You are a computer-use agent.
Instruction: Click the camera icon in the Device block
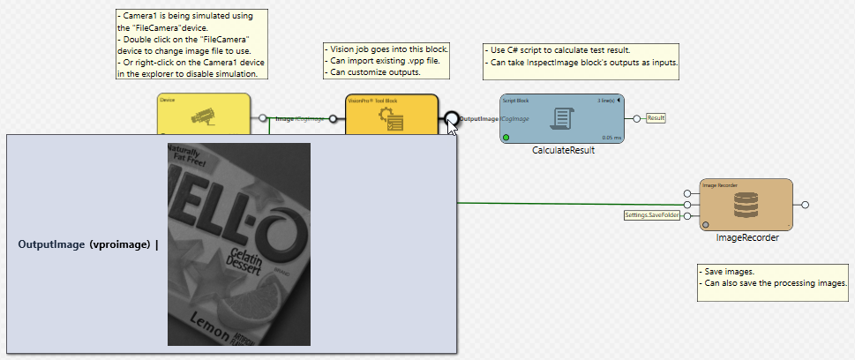point(203,114)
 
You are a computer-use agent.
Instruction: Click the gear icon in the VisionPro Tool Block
point(391,122)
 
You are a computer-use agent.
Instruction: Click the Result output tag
point(656,117)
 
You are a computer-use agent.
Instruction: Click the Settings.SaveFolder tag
point(652,215)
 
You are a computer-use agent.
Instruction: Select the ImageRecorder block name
point(746,237)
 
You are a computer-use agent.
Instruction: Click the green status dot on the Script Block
point(506,138)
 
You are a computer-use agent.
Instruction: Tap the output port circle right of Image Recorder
point(805,205)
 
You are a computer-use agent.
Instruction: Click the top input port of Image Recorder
point(686,193)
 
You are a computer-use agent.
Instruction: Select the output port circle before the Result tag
point(636,118)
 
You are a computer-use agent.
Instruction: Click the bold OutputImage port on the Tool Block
point(452,118)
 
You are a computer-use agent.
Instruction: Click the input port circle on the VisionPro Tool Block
point(333,118)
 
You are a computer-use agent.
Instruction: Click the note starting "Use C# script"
point(581,56)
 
